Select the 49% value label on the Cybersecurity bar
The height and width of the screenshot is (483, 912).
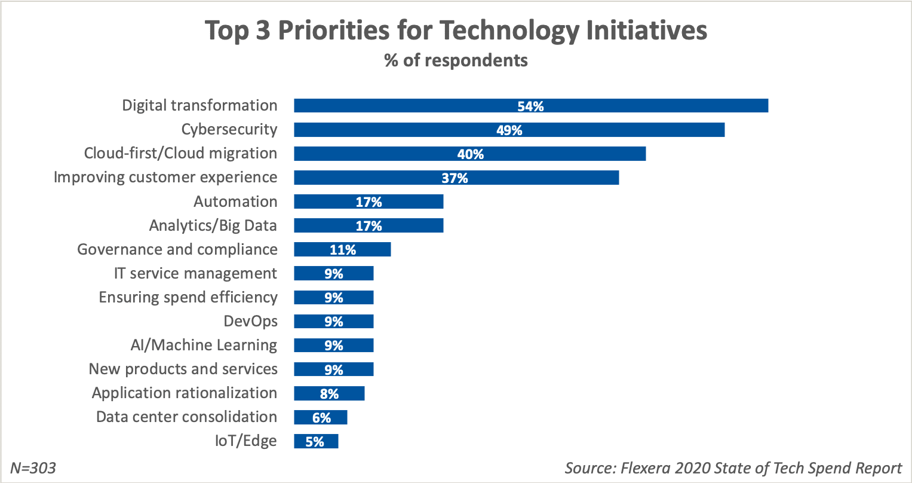click(509, 130)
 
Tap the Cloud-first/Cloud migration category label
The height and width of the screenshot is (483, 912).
click(180, 154)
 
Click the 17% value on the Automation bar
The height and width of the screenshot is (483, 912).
click(369, 202)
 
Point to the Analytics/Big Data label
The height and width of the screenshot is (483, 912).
click(213, 225)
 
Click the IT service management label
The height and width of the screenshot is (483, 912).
click(195, 274)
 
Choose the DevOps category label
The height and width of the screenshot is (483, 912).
click(251, 322)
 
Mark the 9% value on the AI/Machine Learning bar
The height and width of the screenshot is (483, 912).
click(333, 346)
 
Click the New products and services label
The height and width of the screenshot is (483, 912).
click(183, 369)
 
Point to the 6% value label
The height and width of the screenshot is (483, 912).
click(321, 418)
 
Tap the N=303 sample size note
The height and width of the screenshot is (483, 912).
click(33, 468)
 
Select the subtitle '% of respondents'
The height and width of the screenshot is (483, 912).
click(456, 60)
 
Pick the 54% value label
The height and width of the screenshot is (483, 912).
click(530, 106)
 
